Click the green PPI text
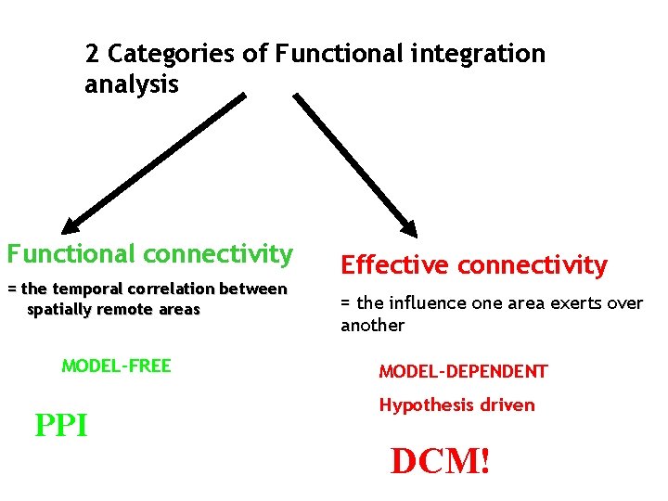61,426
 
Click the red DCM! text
440,461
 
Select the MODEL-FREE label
116,366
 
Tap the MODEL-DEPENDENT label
463,372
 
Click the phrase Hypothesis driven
456,405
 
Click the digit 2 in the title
92,54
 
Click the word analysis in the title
131,85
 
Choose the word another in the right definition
372,326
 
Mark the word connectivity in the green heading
222,253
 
